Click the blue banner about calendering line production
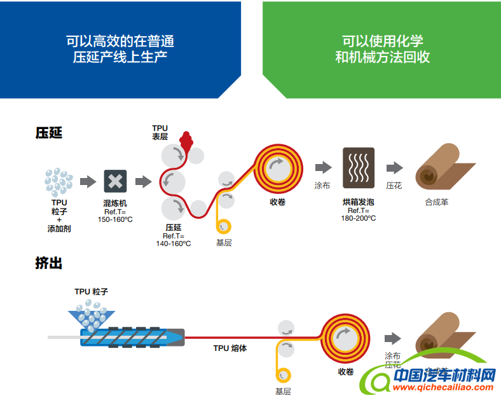click(120, 50)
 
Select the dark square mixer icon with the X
click(115, 182)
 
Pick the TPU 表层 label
click(160, 132)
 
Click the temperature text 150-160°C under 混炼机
click(115, 219)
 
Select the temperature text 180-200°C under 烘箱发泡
click(358, 218)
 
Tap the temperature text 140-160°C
click(174, 243)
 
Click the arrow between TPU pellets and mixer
click(88, 182)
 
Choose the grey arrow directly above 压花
click(394, 168)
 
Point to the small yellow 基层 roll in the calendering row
click(223, 226)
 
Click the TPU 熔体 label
click(230, 348)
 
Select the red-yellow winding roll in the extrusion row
click(345, 336)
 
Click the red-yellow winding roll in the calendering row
click(277, 168)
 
